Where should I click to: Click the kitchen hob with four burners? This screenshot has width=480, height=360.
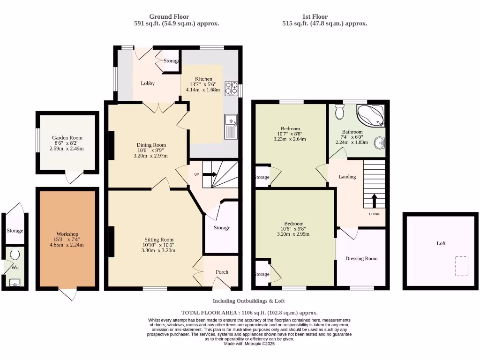coord(231,89)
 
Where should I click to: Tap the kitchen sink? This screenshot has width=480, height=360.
coord(231,127)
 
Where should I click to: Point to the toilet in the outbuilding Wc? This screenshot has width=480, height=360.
coord(15,254)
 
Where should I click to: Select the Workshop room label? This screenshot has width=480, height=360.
coord(67,234)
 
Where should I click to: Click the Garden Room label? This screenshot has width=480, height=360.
coord(67,138)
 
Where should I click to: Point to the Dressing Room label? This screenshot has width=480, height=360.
coord(361,258)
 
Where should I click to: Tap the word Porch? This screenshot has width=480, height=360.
coord(222,272)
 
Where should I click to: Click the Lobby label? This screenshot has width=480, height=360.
coord(148,83)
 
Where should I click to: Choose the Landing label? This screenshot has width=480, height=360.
coord(347,177)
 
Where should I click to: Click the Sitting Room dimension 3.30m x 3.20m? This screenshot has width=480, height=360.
coord(159,250)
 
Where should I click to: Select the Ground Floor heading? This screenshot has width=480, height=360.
coord(169,16)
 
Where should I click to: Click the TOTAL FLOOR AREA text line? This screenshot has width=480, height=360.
coord(249,313)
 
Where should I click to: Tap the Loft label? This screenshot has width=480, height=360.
coord(441,243)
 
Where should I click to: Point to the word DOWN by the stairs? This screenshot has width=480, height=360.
coord(374,214)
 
